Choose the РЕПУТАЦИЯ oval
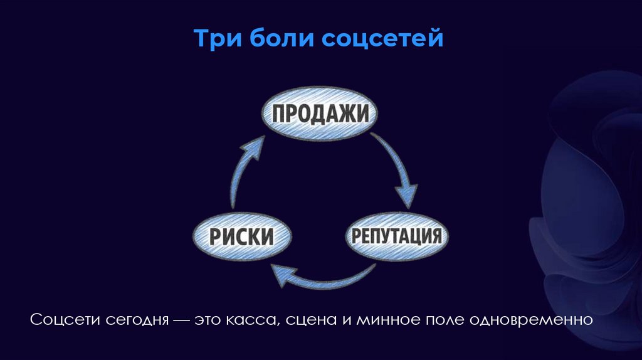(x=396, y=236)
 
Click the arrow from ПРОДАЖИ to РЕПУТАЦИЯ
(x=396, y=166)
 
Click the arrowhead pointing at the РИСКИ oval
(x=280, y=274)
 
